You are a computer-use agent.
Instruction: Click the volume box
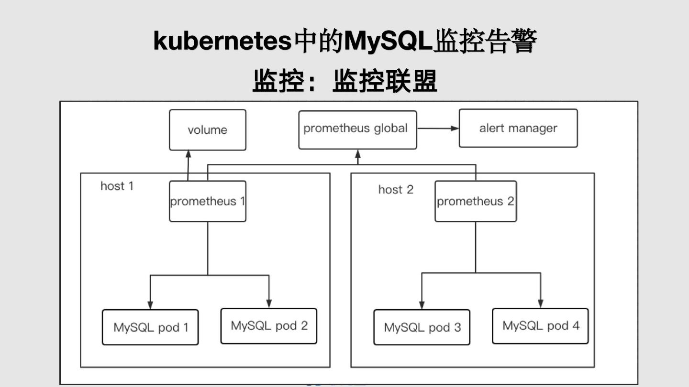click(x=207, y=130)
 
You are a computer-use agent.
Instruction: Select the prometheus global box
click(x=357, y=129)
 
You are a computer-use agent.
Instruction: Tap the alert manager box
click(x=518, y=128)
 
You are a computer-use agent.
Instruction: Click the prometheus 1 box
click(x=207, y=201)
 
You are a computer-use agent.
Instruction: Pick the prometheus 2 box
click(x=476, y=201)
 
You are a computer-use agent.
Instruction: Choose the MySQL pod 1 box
click(x=150, y=327)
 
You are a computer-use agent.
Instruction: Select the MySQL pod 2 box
click(x=269, y=326)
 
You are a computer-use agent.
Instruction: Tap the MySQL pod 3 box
click(x=422, y=327)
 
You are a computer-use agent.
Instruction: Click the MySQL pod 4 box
click(x=540, y=326)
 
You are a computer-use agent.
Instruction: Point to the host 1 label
click(x=117, y=186)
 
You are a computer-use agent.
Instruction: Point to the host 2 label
click(x=396, y=190)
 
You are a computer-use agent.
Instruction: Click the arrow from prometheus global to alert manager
click(x=437, y=128)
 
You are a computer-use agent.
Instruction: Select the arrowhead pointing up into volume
click(x=188, y=154)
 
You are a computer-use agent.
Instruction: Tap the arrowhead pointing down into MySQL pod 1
click(x=150, y=305)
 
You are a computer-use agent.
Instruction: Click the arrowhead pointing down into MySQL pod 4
click(x=541, y=304)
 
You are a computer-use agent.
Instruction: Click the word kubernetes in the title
click(x=222, y=42)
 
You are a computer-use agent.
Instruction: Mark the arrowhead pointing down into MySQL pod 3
click(x=422, y=305)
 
